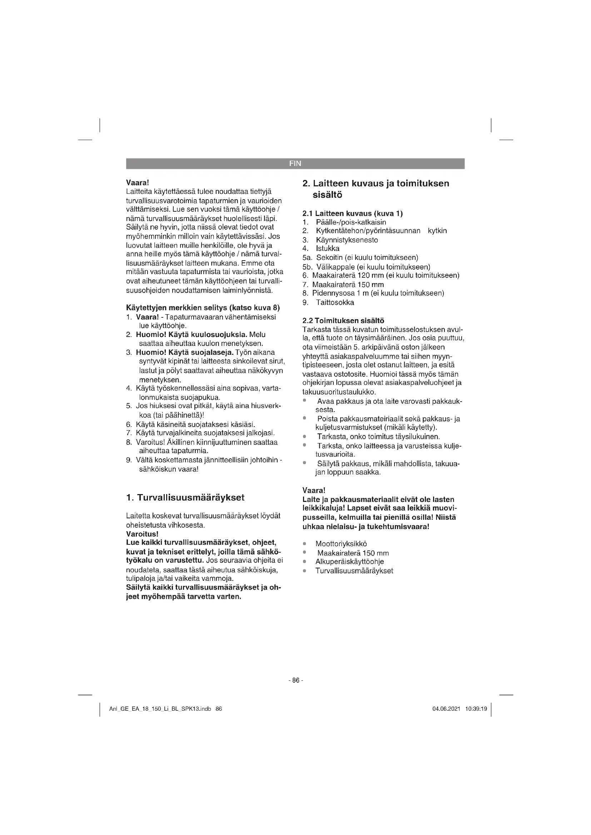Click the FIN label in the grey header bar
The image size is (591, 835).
click(295, 164)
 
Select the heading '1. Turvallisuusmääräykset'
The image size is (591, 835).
click(185, 498)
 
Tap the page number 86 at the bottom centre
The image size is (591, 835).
click(295, 680)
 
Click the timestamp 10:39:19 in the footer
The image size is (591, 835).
click(476, 709)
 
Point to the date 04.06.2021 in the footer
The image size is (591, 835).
click(446, 709)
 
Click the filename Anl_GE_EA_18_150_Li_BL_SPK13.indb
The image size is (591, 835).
click(160, 709)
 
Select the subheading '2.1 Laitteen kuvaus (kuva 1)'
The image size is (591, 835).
click(353, 213)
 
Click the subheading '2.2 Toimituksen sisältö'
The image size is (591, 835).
click(343, 321)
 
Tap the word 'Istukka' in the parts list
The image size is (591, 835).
click(328, 249)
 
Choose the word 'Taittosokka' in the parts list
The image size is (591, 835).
click(335, 303)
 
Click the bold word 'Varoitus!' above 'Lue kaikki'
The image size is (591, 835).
click(142, 534)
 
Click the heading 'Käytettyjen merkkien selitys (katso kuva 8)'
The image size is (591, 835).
click(203, 308)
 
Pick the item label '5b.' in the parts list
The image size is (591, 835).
click(307, 267)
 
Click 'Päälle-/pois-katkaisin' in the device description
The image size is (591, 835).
click(351, 222)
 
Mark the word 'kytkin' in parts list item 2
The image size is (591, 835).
click(437, 231)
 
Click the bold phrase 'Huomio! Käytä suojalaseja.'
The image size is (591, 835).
click(184, 353)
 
